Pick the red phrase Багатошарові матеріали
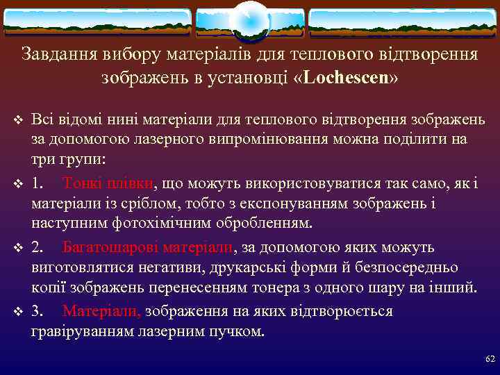(x=149, y=247)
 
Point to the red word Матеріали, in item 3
(x=101, y=311)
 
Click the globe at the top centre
(x=249, y=20)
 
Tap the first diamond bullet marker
(x=19, y=120)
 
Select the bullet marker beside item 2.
(x=19, y=248)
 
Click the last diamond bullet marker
(x=19, y=312)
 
